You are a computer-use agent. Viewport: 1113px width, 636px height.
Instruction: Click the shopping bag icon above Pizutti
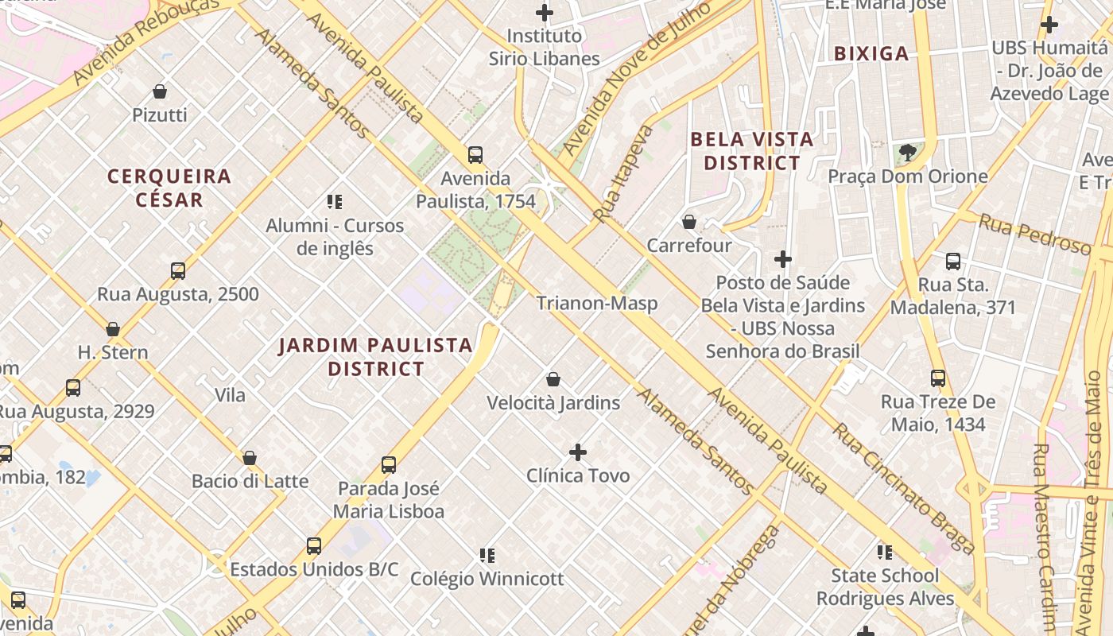click(160, 91)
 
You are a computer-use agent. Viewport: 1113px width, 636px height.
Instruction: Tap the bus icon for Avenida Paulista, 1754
click(475, 155)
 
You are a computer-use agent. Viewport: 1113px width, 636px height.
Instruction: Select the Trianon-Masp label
click(596, 303)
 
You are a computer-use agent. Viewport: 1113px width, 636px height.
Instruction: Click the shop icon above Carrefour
click(689, 222)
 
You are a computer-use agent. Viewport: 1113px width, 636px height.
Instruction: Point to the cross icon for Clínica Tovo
click(578, 453)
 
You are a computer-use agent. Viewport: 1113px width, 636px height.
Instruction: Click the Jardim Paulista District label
click(376, 357)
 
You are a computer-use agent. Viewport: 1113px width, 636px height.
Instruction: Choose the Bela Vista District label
click(752, 151)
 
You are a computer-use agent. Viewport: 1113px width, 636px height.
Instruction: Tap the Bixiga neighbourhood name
click(871, 54)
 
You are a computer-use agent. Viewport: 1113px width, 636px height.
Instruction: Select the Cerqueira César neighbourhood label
click(169, 188)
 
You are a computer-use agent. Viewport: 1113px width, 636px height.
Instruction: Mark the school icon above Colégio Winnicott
click(487, 555)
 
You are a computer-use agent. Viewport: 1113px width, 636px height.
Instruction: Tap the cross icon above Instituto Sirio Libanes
click(545, 13)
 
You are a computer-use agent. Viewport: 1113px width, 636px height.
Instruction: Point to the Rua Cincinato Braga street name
click(903, 488)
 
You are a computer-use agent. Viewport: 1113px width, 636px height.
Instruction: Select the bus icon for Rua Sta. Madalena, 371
click(953, 261)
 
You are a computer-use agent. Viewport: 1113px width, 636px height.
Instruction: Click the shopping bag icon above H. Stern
click(113, 329)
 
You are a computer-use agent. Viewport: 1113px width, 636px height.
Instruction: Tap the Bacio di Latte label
click(250, 481)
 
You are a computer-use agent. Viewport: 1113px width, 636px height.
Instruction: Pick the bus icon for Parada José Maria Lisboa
click(389, 465)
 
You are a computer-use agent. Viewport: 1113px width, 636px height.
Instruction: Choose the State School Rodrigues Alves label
click(885, 587)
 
